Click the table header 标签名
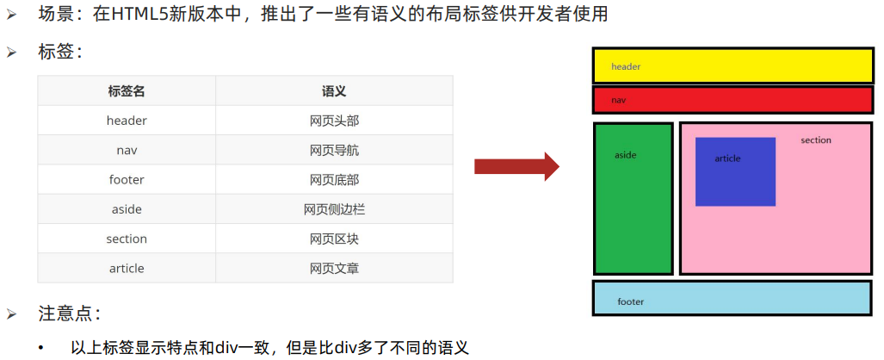tap(127, 91)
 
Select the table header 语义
tap(334, 91)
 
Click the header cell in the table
tap(127, 121)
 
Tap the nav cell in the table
tap(127, 150)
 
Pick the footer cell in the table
tap(127, 180)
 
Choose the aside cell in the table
tap(127, 209)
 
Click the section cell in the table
tap(127, 239)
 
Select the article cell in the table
tap(127, 269)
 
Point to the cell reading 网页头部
tap(334, 121)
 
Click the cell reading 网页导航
tap(334, 150)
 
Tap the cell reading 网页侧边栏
tap(334, 209)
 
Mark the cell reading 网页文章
tap(334, 269)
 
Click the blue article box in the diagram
tap(735, 172)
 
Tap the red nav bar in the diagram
tap(732, 100)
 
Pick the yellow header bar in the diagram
tap(732, 66)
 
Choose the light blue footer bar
tap(732, 298)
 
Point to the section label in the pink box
tap(816, 140)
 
